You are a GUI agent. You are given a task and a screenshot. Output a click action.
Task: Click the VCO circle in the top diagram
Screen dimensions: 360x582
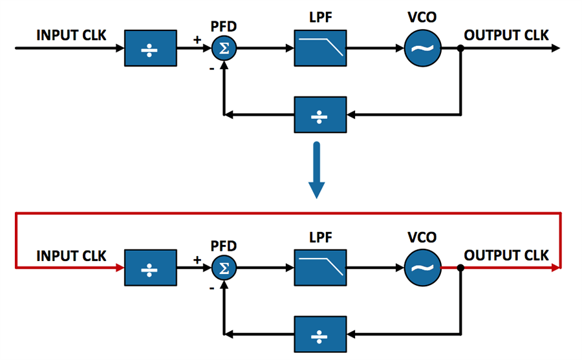click(423, 48)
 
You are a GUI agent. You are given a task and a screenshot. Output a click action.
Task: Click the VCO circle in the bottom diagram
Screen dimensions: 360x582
click(423, 266)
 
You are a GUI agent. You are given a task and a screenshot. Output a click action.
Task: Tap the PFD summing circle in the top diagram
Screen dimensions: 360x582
click(224, 48)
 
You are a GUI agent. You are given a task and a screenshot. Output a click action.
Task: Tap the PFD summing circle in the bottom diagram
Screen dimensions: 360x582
click(224, 266)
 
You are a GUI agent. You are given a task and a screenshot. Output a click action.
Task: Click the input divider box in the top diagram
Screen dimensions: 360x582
click(150, 48)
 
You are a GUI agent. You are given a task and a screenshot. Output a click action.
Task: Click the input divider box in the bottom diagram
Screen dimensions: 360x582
click(150, 266)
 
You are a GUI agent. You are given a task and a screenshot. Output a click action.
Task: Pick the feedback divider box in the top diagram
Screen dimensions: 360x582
click(319, 115)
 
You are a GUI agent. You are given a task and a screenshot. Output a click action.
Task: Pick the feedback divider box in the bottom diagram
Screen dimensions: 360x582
click(319, 334)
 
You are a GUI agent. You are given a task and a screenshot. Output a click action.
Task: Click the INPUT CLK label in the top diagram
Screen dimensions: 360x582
click(71, 34)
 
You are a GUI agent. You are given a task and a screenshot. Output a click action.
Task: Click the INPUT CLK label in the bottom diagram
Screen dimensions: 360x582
click(71, 256)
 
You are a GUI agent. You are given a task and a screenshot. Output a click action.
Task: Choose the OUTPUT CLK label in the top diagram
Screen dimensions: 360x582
click(506, 34)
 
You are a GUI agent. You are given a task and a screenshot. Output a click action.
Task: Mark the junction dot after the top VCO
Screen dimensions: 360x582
click(460, 48)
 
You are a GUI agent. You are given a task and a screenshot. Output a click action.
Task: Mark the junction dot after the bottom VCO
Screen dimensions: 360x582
click(460, 266)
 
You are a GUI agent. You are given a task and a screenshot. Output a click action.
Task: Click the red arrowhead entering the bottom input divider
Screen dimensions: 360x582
click(120, 266)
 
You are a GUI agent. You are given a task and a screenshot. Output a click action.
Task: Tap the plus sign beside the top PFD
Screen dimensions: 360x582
click(197, 40)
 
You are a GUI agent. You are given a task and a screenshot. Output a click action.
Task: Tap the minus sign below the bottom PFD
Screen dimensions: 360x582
click(211, 288)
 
